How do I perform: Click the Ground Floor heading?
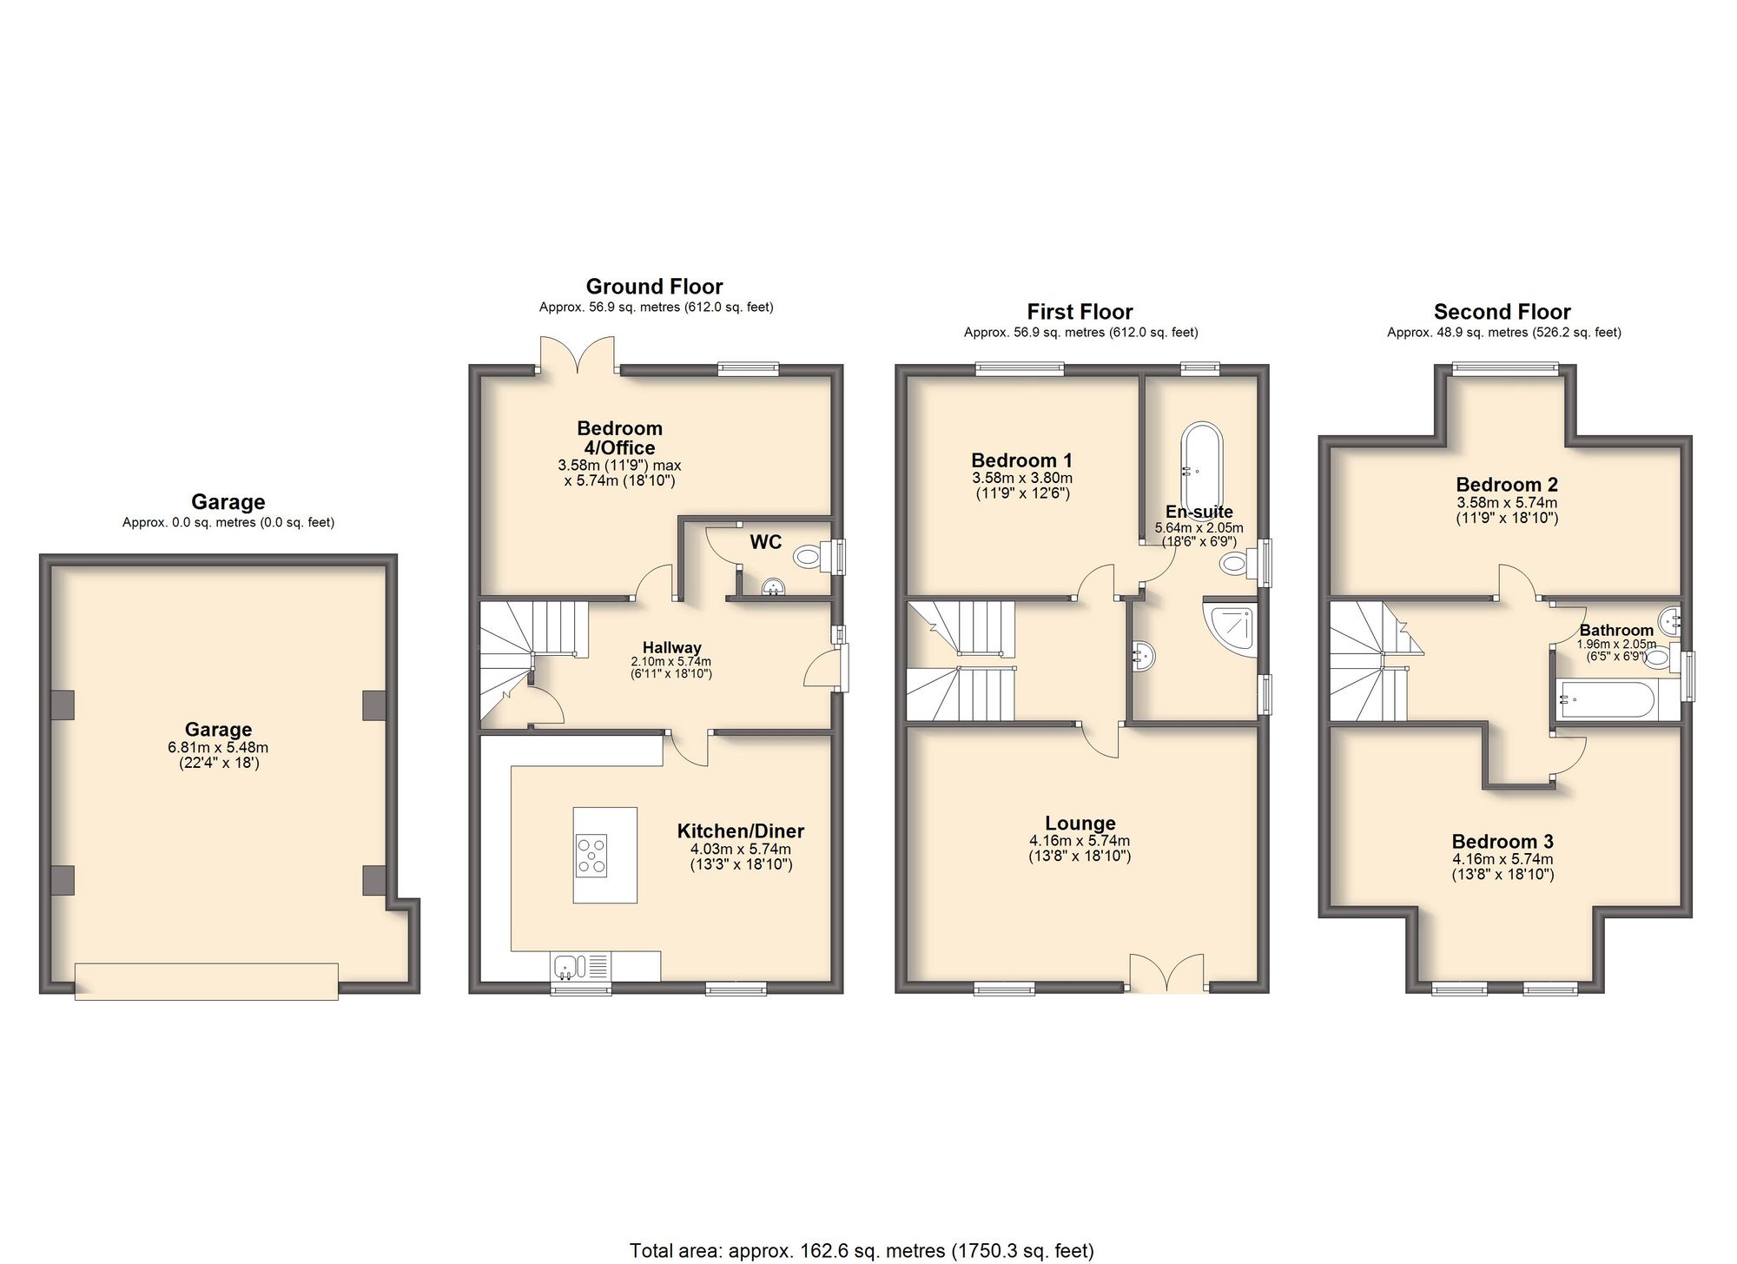tap(654, 287)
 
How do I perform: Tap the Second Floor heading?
tap(1502, 312)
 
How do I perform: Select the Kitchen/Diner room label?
tap(741, 831)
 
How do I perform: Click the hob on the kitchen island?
tap(592, 853)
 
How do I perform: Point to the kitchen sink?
tap(580, 966)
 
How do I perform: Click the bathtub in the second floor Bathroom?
tap(1607, 699)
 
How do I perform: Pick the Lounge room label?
tap(1080, 824)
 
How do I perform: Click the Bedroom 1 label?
tap(1021, 460)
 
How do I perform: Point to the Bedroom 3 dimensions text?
tap(1503, 867)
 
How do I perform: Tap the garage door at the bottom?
tap(207, 981)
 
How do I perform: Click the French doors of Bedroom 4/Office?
tap(578, 356)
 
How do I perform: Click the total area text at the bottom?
tap(862, 1251)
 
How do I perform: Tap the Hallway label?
tap(671, 647)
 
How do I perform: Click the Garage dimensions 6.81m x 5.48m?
tap(218, 747)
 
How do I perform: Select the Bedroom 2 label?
tap(1507, 485)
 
